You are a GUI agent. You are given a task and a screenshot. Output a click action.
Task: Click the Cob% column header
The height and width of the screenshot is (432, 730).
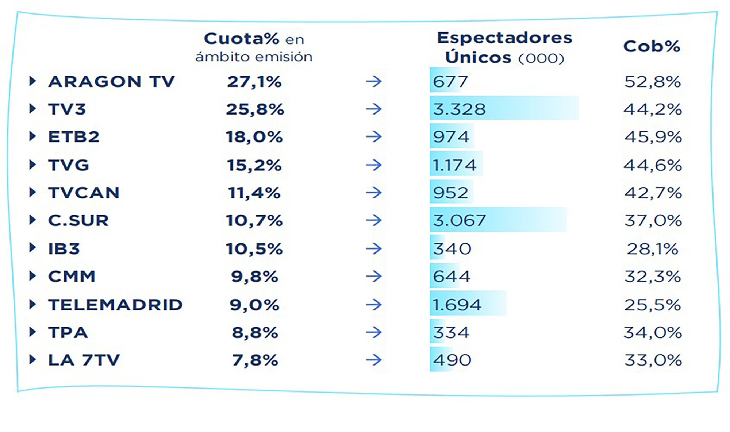[652, 46]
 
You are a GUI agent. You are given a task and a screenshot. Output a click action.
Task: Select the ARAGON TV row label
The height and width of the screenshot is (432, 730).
[112, 81]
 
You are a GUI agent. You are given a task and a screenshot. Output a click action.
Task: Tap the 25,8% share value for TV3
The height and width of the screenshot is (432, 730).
[255, 109]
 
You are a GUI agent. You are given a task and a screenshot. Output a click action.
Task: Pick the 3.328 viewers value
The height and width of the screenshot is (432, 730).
[459, 109]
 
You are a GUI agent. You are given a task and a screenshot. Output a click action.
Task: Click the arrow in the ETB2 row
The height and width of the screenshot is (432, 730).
[374, 137]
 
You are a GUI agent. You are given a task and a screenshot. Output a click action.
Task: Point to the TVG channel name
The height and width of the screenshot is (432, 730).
[69, 165]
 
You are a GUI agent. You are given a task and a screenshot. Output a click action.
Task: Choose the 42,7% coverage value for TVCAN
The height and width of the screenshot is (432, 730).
[653, 193]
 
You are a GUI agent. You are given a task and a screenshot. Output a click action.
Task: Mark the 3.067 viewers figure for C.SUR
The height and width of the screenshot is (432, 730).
[459, 220]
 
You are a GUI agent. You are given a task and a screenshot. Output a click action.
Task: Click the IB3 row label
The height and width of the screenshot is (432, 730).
[64, 249]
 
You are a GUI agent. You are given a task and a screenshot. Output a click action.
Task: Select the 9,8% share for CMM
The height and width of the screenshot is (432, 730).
[254, 277]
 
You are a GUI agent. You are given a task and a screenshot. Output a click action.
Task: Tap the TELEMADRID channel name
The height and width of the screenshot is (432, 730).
[115, 305]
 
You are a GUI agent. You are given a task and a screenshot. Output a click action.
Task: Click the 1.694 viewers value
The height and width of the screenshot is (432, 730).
[457, 305]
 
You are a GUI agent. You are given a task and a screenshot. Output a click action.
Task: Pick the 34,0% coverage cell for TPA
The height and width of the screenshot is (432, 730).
[653, 332]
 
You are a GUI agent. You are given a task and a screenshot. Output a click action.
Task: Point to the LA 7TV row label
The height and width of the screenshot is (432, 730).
[84, 360]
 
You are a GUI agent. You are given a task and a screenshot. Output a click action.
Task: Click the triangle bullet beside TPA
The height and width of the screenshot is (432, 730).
[32, 332]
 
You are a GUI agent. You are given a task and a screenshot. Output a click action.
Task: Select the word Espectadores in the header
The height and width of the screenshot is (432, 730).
[504, 38]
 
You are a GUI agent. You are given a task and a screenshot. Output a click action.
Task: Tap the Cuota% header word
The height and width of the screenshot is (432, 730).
[241, 39]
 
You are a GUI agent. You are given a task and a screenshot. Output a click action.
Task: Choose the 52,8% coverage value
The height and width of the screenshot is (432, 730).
[652, 81]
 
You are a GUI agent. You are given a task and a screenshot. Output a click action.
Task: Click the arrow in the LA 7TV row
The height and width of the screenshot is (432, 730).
[374, 360]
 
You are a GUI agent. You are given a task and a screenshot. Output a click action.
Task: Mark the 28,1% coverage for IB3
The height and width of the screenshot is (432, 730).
[652, 249]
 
